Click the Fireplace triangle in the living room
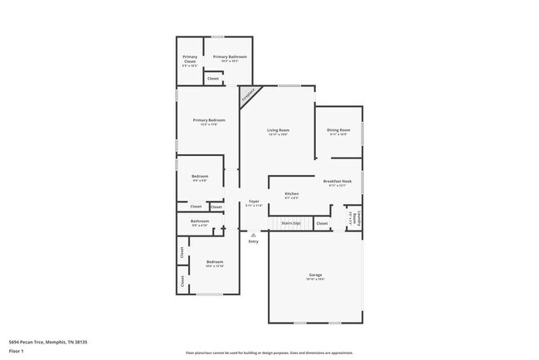247,95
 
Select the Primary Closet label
190,59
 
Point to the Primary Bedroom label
209,121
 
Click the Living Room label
278,131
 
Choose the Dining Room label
338,131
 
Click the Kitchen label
292,195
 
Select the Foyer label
254,202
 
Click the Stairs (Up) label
290,222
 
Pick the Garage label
315,276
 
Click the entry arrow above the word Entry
254,235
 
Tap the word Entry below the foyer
254,241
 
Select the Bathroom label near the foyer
200,222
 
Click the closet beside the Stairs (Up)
322,223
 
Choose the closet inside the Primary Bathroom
213,79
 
